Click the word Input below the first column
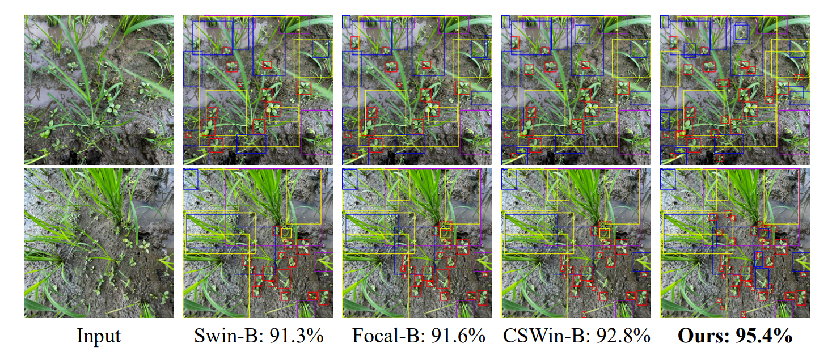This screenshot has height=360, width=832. [x=99, y=336]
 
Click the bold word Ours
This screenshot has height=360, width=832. [x=700, y=336]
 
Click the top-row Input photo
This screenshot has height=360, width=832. [x=99, y=90]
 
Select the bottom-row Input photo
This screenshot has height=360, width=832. [x=99, y=243]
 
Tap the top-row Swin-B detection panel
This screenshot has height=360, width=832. [x=258, y=90]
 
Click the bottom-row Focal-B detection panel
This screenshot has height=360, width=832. [x=417, y=243]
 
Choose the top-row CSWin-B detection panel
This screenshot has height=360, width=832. [x=577, y=90]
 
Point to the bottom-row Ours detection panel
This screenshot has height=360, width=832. [x=736, y=243]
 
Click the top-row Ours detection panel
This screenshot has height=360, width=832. [x=736, y=90]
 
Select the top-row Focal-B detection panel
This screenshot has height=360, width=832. [x=417, y=90]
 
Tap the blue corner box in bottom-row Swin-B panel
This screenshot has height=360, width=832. [x=191, y=178]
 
